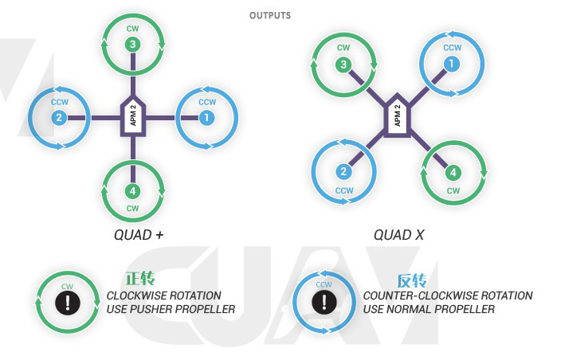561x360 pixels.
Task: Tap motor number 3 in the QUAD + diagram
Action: pos(133,45)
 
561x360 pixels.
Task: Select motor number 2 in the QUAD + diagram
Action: pos(59,118)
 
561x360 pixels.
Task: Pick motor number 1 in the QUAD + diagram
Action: pos(207,118)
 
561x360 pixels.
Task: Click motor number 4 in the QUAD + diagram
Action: pos(133,191)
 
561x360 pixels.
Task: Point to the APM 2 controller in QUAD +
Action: pos(133,118)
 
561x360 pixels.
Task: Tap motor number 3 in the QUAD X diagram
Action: pos(344,65)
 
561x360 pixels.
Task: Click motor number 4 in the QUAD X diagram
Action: pos(452,172)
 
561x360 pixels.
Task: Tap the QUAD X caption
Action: pos(399,235)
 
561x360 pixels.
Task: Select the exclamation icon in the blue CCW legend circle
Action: pos(324,303)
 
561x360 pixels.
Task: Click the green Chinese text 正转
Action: pos(139,280)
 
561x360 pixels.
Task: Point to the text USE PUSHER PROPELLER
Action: pos(171,309)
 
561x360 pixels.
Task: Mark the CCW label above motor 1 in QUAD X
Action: pos(452,48)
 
